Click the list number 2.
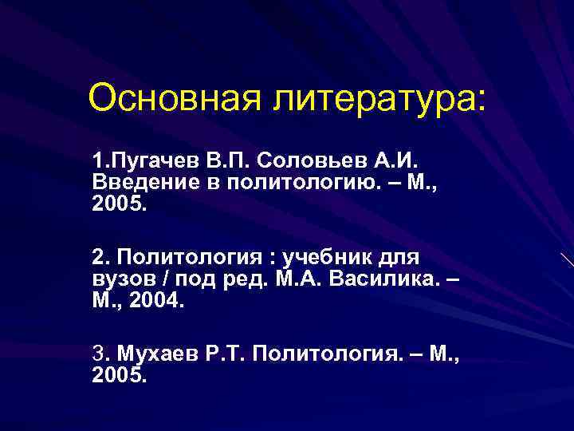(x=99, y=257)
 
